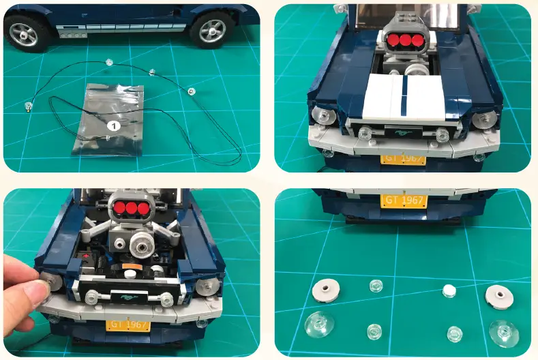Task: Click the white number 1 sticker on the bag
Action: coord(115,125)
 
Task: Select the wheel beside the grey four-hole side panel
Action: coord(211,29)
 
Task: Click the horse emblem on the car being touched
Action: coord(128,297)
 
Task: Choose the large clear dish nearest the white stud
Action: coord(503,332)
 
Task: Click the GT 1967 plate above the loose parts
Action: coord(405,201)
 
